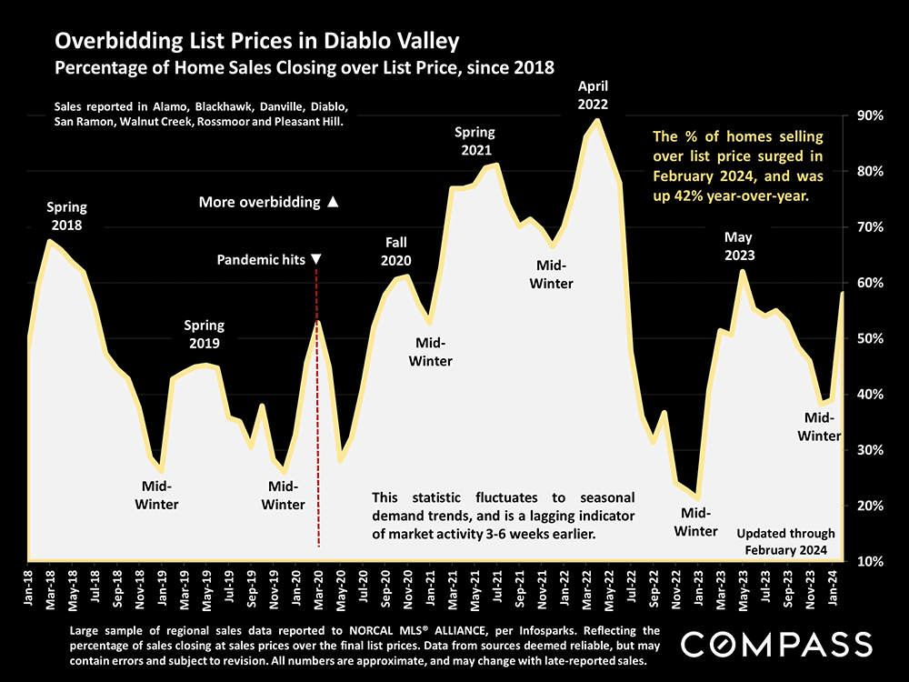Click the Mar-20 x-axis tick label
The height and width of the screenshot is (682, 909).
(318, 587)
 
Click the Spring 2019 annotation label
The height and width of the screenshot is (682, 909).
(204, 333)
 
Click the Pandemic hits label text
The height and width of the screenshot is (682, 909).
(261, 260)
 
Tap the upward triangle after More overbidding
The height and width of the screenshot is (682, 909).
(333, 202)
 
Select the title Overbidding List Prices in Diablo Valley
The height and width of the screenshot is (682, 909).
(256, 41)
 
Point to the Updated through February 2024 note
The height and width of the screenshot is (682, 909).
(785, 542)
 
